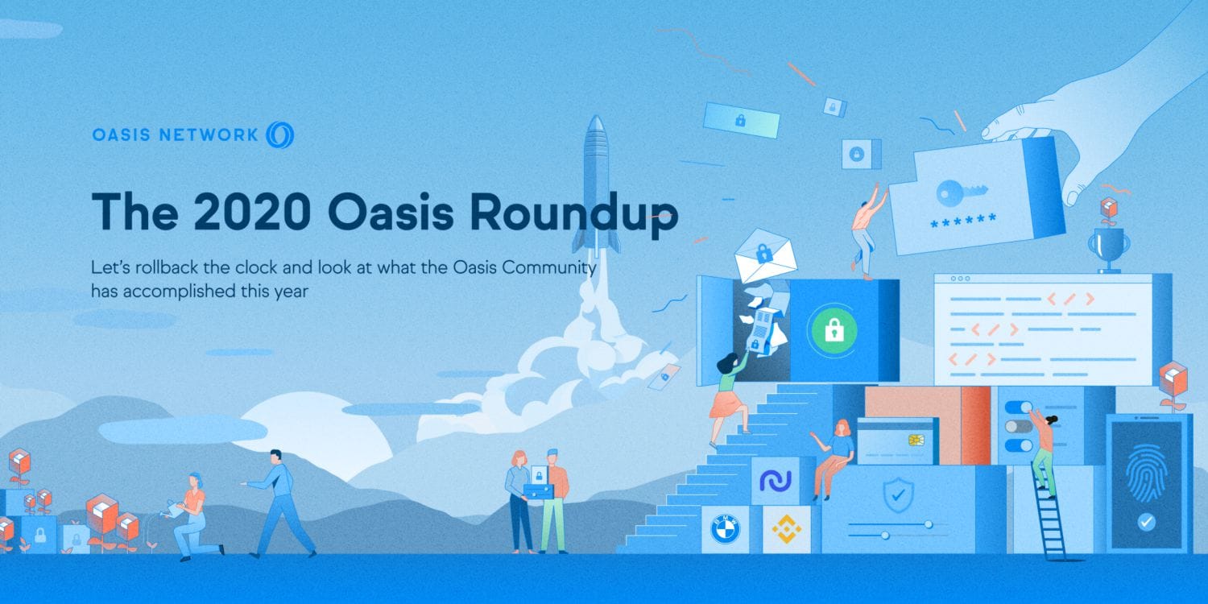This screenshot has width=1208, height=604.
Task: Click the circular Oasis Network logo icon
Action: coord(280,134)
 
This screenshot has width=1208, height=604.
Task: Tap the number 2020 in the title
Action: coord(252,211)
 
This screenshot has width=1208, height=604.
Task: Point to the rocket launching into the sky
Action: coord(596,185)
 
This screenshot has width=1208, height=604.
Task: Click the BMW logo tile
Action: coord(726,528)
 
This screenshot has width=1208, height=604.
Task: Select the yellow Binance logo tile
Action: coord(787,528)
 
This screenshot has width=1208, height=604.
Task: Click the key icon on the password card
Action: coord(962,192)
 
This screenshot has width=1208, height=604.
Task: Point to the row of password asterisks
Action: coord(963,221)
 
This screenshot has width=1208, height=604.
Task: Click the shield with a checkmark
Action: coord(898,494)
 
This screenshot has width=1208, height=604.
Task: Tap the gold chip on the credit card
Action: coord(916,440)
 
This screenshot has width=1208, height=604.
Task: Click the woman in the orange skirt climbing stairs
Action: coord(730,398)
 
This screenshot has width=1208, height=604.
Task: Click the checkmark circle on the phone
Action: coord(1147,522)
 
